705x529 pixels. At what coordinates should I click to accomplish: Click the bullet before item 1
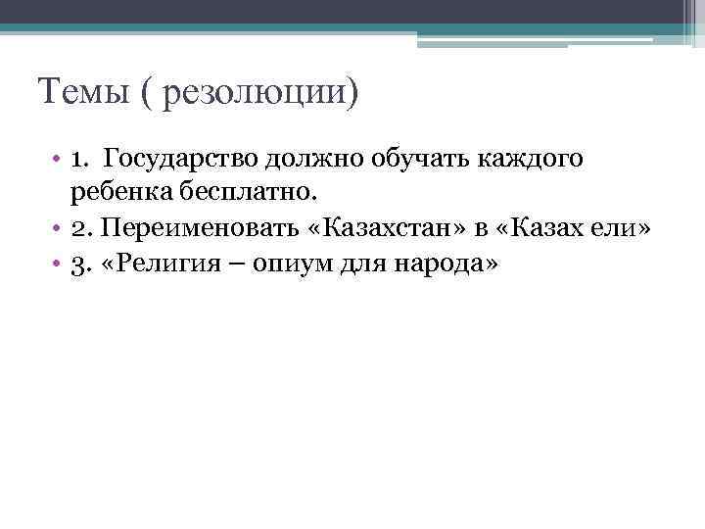(58, 159)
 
